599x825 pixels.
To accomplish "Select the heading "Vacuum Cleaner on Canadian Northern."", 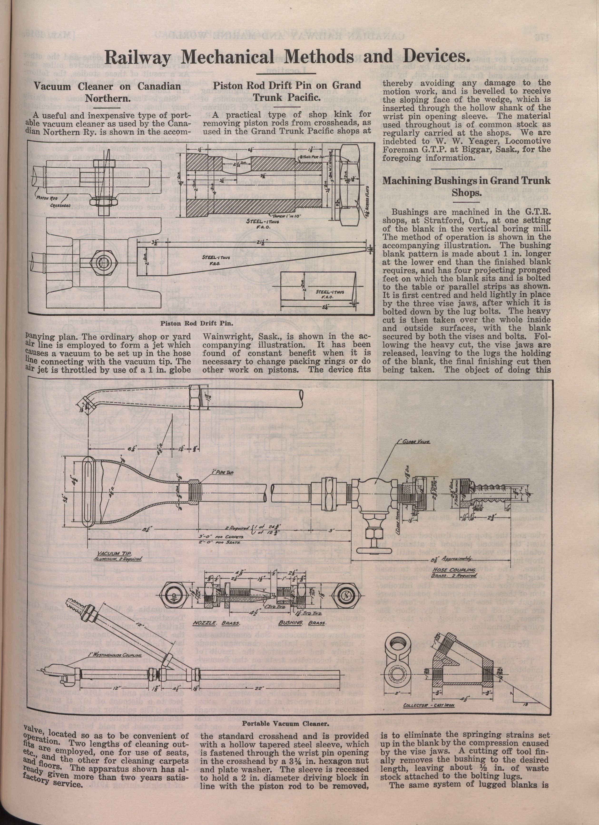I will pos(107,92).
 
